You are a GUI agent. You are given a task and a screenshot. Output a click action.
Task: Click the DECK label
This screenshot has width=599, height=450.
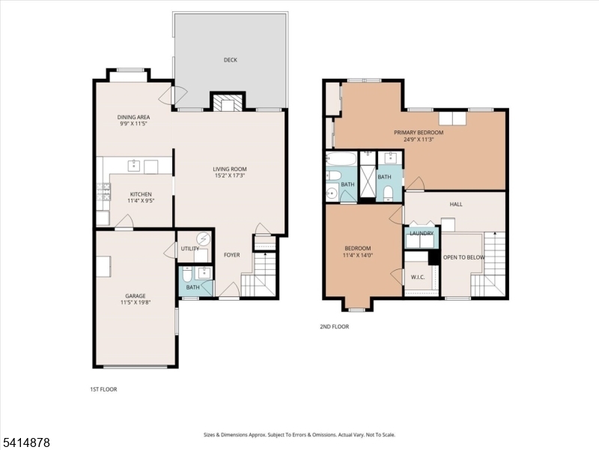[x=230, y=60]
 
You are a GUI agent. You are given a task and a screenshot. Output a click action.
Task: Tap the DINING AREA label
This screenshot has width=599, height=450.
[x=133, y=117]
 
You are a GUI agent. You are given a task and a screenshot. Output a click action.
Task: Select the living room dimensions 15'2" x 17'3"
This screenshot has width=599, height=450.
[x=229, y=176]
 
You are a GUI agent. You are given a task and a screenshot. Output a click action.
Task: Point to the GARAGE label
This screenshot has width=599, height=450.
[x=136, y=295]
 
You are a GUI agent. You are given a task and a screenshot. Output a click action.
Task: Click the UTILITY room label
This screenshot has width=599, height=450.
[x=189, y=248]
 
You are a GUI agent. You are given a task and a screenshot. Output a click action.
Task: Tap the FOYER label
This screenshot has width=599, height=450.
[x=232, y=255]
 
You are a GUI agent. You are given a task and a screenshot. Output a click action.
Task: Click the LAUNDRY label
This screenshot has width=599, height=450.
[x=422, y=233]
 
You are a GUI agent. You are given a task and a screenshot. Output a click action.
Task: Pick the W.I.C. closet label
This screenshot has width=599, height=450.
[x=417, y=277]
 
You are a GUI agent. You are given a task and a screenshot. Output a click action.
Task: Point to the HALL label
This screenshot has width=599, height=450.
[x=456, y=204]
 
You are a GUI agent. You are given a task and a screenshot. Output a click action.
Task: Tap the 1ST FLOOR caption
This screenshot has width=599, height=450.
[x=103, y=389]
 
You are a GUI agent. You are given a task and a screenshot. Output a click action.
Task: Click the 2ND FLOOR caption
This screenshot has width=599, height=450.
[x=334, y=326]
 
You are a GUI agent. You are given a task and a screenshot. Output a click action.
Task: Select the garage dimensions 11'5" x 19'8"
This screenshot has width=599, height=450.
[x=136, y=303]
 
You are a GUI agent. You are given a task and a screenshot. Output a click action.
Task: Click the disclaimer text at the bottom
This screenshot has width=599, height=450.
[x=299, y=435]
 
